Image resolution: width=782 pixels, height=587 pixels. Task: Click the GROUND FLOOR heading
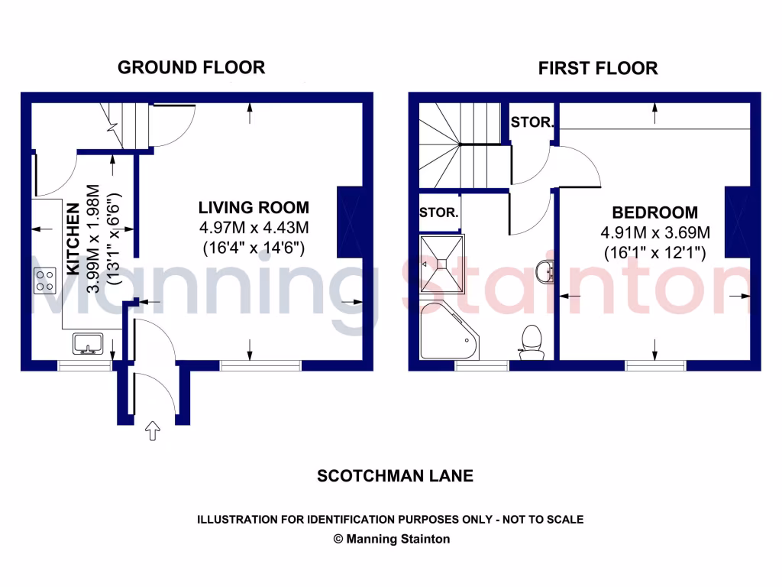pos(191,67)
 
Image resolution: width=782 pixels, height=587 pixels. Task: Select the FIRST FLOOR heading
pos(597,68)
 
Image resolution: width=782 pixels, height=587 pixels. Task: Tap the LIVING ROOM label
pos(254,207)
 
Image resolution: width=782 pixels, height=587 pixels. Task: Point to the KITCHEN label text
pos(73,238)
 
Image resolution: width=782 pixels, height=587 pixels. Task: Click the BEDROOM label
pos(654,212)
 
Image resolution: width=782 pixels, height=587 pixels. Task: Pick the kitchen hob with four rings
pos(44,280)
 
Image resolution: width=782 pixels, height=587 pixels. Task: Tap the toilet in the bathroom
pos(529,341)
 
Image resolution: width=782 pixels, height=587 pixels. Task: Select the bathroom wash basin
pos(545,271)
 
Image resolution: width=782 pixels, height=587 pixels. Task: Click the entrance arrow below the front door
pos(153,432)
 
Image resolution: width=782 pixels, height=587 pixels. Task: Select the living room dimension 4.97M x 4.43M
pos(254,228)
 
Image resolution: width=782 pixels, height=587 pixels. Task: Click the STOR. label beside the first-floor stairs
pos(531,122)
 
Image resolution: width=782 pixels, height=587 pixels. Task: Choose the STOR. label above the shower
pos(440,212)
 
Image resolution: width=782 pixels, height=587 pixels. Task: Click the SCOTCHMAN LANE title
pos(395,475)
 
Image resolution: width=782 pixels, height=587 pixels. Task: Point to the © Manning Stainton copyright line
pos(392,539)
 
